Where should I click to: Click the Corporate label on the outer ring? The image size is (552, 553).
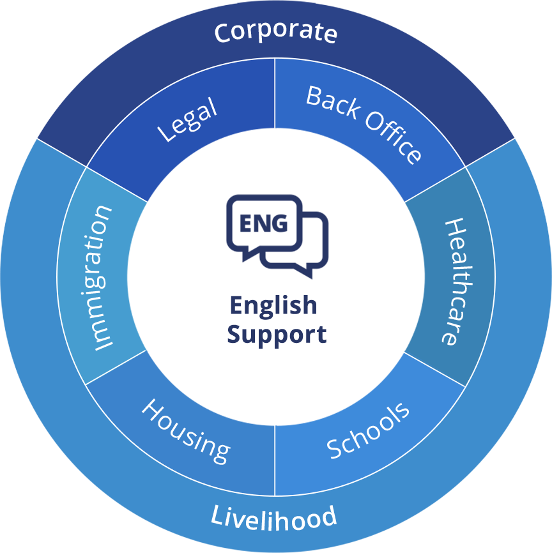[275, 33]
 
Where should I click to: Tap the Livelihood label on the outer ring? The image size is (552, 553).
[274, 517]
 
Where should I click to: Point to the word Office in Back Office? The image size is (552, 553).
[393, 138]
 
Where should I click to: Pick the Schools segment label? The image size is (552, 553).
[368, 430]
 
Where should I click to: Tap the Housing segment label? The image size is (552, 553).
[185, 431]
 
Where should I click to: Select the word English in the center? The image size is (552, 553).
[273, 306]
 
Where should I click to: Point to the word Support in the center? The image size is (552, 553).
[276, 334]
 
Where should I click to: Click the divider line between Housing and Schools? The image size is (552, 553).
[275, 460]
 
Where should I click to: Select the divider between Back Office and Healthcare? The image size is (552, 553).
[434, 185]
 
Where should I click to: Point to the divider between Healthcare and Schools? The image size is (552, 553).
[434, 369]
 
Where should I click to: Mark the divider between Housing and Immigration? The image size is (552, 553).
[116, 368]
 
